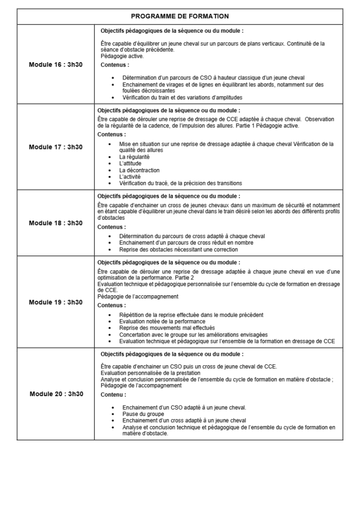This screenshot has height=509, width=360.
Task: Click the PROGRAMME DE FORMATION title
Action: pyautogui.click(x=180, y=16)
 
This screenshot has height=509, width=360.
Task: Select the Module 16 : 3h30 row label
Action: pyautogui.click(x=56, y=65)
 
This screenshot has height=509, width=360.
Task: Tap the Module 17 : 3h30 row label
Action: pyautogui.click(x=56, y=147)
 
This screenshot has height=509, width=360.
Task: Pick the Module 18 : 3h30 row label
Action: pyautogui.click(x=56, y=223)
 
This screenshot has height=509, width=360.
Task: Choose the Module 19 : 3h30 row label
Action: pyautogui.click(x=56, y=302)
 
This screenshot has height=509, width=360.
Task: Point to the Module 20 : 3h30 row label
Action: pyautogui.click(x=56, y=394)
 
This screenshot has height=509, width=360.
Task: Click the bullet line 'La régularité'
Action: pyautogui.click(x=134, y=157)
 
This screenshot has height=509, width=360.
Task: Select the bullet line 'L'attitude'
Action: pyautogui.click(x=130, y=163)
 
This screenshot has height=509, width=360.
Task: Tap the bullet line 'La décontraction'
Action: pyautogui.click(x=139, y=170)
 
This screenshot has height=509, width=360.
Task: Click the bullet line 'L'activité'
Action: pyautogui.click(x=130, y=176)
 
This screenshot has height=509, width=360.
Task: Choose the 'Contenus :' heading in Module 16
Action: pyautogui.click(x=115, y=65)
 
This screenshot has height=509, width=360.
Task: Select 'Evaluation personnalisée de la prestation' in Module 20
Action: pyautogui.click(x=150, y=372)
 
